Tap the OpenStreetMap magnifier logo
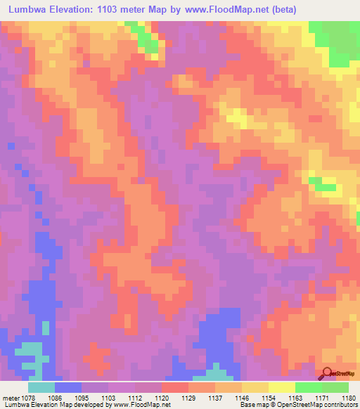(x=328, y=373)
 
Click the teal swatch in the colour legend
(x=41, y=387)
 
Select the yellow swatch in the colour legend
(x=282, y=387)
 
